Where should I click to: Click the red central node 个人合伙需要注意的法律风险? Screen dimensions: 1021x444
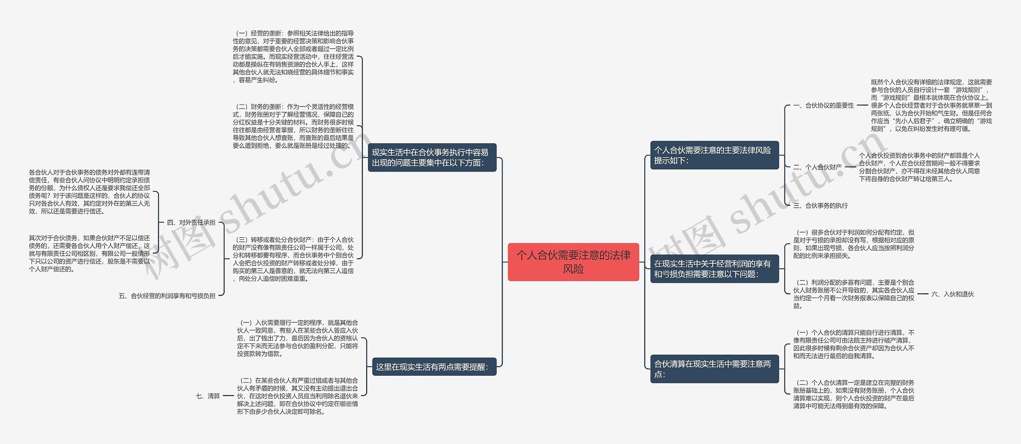[x=573, y=262]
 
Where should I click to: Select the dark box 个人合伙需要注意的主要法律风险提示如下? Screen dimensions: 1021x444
[x=714, y=155]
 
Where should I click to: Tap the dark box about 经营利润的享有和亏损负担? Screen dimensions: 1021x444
[x=714, y=269]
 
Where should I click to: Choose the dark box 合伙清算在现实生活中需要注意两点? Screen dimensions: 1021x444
[x=714, y=369]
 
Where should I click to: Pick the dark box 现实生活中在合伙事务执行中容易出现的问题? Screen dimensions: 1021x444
[x=432, y=158]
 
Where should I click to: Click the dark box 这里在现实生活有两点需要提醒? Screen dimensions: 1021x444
[x=432, y=367]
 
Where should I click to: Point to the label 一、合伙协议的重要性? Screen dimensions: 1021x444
[x=824, y=106]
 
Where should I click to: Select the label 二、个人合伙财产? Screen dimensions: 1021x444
[x=818, y=167]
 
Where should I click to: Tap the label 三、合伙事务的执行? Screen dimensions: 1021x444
[x=821, y=206]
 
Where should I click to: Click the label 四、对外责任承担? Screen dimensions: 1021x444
[x=191, y=223]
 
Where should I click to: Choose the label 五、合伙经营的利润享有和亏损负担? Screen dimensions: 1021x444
[x=167, y=296]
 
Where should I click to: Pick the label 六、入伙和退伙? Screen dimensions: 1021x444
[x=952, y=294]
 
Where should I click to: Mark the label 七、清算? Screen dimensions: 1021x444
[x=208, y=396]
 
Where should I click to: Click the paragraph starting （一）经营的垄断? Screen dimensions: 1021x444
[x=293, y=57]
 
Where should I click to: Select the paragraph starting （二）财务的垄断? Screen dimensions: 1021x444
[x=293, y=126]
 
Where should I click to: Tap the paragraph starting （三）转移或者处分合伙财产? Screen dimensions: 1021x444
[x=293, y=259]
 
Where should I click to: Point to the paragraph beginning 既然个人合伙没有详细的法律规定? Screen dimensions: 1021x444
[x=931, y=105]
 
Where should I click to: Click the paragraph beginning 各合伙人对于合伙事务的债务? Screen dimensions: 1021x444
[x=89, y=192]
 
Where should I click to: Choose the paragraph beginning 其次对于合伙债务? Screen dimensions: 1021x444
[x=89, y=253]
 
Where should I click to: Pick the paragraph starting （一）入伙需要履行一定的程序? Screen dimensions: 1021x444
[x=298, y=338]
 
